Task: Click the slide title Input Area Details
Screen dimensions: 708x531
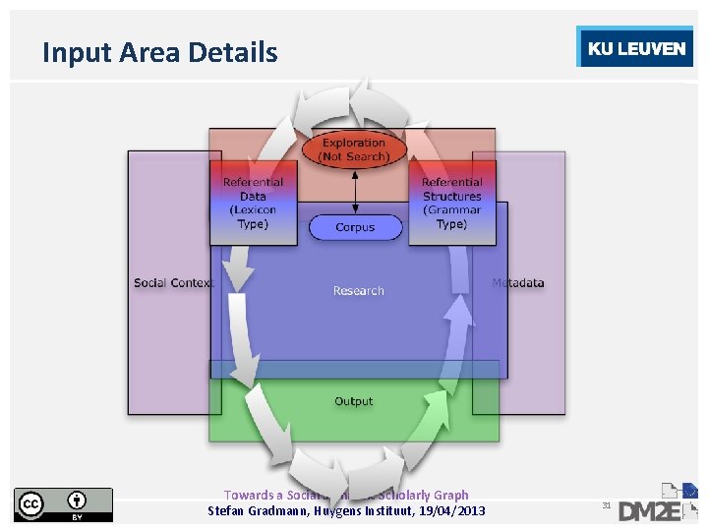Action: pyautogui.click(x=159, y=52)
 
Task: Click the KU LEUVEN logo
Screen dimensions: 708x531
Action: pyautogui.click(x=635, y=49)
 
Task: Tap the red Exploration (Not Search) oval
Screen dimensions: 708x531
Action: pyautogui.click(x=354, y=149)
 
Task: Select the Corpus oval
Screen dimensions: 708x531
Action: pyautogui.click(x=355, y=227)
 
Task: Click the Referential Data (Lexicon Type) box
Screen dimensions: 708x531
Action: pyautogui.click(x=253, y=203)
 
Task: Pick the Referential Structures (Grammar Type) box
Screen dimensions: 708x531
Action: pyautogui.click(x=451, y=203)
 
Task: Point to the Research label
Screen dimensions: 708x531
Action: pyautogui.click(x=358, y=291)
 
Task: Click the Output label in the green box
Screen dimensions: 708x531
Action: pyautogui.click(x=354, y=401)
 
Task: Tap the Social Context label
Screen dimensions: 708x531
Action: pyautogui.click(x=173, y=283)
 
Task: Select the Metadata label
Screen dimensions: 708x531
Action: pyautogui.click(x=518, y=283)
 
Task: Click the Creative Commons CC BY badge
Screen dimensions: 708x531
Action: pyautogui.click(x=63, y=504)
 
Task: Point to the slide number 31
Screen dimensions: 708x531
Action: pyautogui.click(x=607, y=505)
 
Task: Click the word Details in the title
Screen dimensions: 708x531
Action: pyautogui.click(x=236, y=52)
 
